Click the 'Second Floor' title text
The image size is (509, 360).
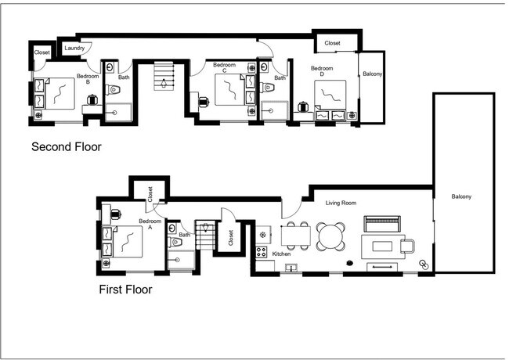(66, 146)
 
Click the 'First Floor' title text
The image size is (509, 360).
(125, 290)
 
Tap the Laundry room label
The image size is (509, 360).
(74, 48)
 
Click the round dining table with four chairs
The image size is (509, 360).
(330, 235)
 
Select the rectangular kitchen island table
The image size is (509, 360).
(295, 234)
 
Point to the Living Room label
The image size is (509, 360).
(341, 203)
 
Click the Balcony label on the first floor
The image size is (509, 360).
(462, 196)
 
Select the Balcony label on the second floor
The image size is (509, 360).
(372, 74)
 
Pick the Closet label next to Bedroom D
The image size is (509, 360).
(332, 43)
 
